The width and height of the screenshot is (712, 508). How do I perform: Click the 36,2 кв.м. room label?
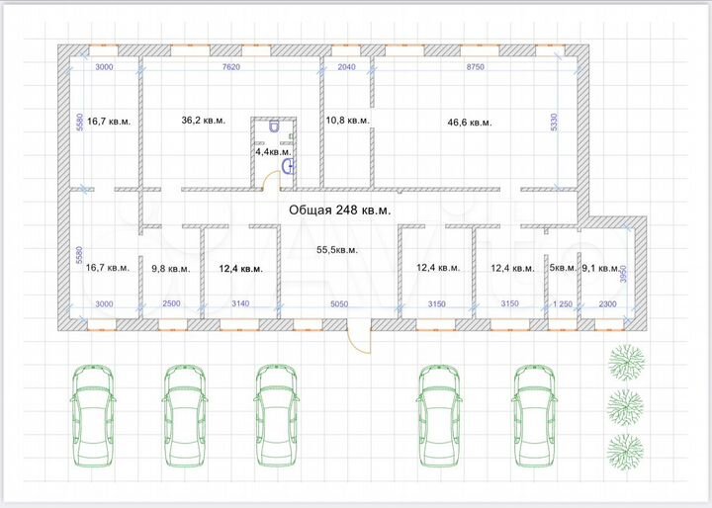tap(204, 121)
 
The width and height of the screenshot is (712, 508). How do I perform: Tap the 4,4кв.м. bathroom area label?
tap(273, 152)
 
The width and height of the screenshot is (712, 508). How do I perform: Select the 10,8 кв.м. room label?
tap(348, 121)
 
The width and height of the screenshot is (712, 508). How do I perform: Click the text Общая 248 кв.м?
tap(339, 210)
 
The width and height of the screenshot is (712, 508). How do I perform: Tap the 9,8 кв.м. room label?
tap(171, 268)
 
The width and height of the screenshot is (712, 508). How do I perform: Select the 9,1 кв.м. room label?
tap(601, 268)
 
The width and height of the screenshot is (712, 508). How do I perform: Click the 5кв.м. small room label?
tap(563, 268)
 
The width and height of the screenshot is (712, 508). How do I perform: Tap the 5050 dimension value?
tap(338, 303)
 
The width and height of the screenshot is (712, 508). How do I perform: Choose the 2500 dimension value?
tap(170, 303)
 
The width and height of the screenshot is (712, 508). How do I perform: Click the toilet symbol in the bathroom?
tap(272, 127)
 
